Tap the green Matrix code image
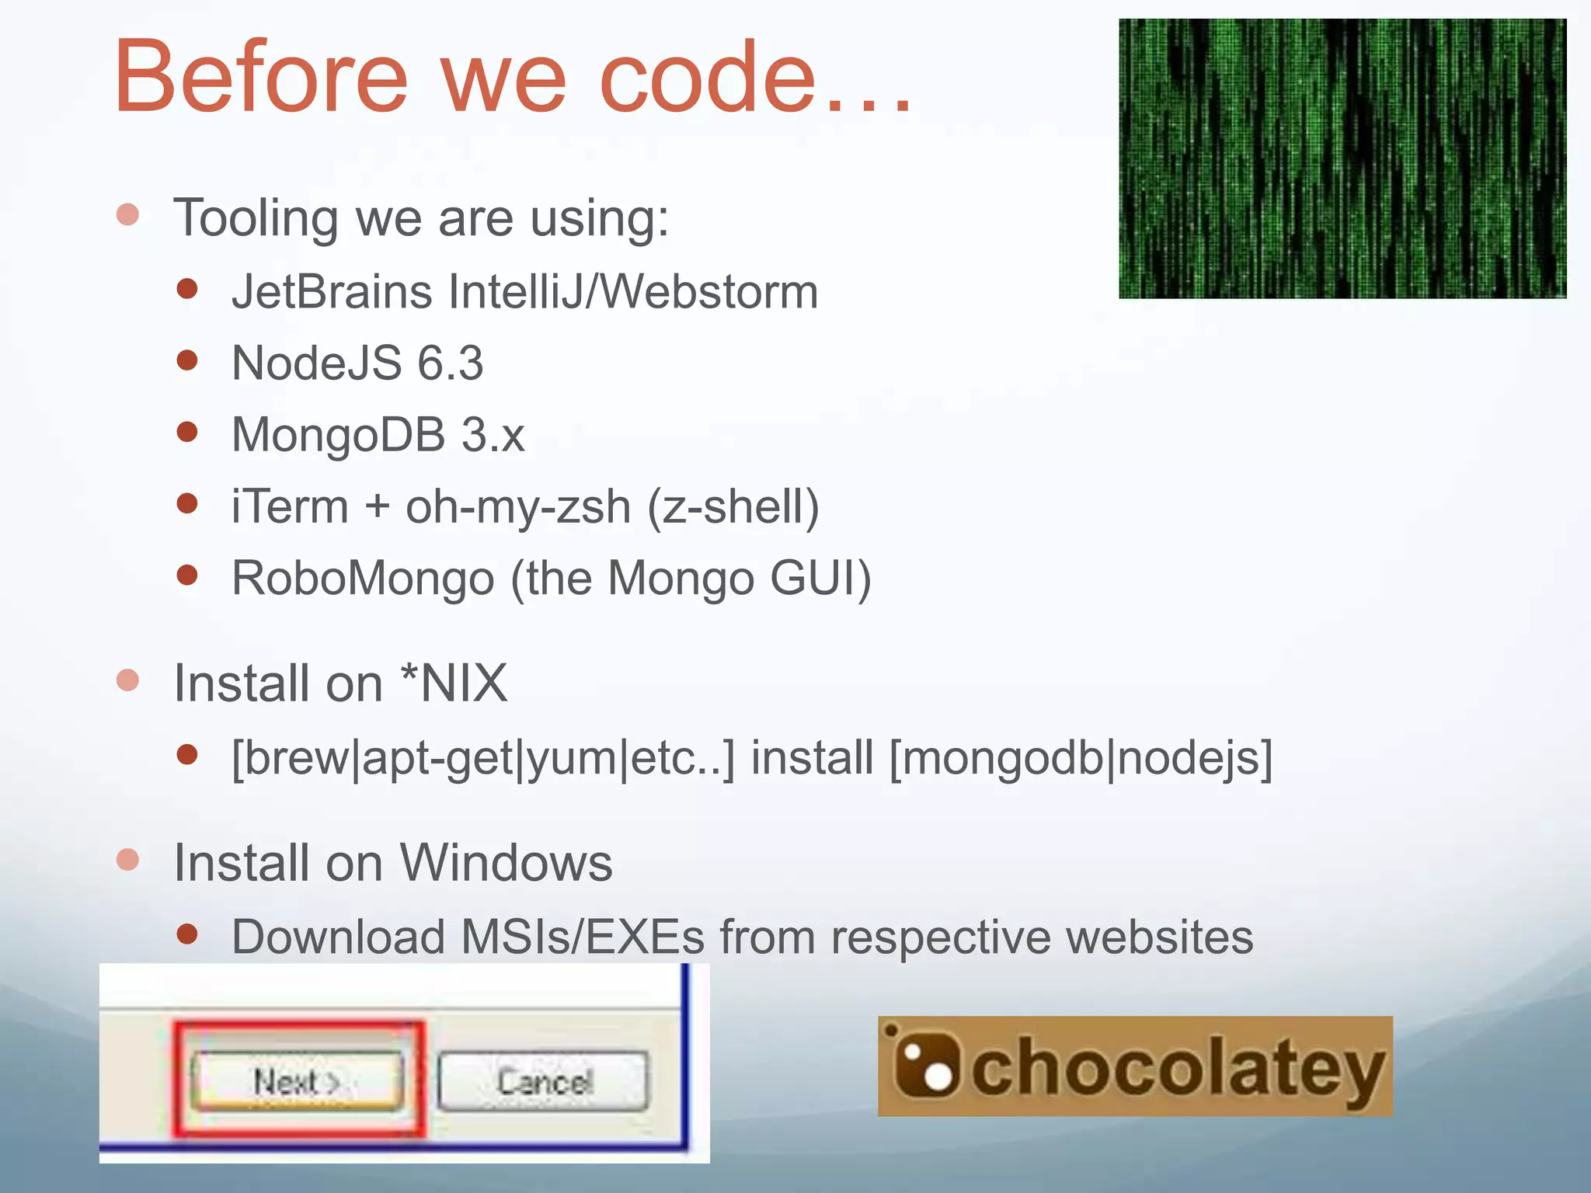[x=1342, y=158]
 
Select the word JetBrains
[x=332, y=292]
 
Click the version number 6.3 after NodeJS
[x=451, y=363]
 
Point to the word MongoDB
[x=339, y=435]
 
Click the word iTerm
[x=290, y=506]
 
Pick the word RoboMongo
[x=363, y=579]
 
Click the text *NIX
[x=454, y=683]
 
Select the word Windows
[x=506, y=863]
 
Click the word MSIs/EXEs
[x=583, y=937]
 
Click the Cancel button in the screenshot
[x=543, y=1081]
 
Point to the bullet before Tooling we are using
[x=127, y=214]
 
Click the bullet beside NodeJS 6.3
[x=186, y=360]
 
